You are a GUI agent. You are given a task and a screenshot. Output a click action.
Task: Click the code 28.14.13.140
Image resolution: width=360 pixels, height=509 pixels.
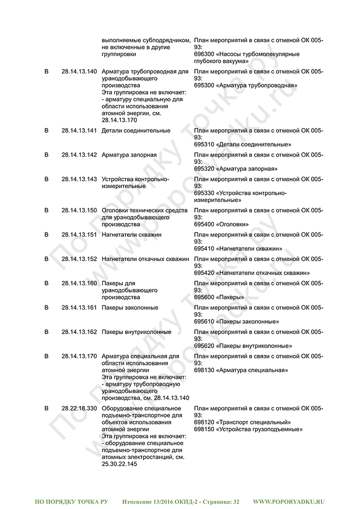[79, 71]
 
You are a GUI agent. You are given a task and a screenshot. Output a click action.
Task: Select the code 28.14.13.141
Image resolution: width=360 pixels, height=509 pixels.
[79, 131]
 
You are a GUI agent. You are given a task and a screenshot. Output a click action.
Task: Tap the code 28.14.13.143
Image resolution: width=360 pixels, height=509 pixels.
[79, 179]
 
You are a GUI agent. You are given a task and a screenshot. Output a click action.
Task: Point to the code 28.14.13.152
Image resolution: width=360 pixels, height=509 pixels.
[79, 259]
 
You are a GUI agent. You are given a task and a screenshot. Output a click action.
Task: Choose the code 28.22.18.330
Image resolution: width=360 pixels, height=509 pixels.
[79, 408]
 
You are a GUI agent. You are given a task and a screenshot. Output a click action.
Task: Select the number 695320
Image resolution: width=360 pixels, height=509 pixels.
[204, 169]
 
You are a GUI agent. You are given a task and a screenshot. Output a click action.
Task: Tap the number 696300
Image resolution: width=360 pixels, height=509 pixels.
[204, 54]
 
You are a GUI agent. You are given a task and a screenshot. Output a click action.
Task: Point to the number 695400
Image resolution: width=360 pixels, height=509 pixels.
[204, 224]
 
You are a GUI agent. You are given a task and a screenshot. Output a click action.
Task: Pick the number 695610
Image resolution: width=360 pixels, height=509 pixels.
[204, 321]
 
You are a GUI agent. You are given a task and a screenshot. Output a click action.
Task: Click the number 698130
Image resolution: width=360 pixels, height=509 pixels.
[204, 370]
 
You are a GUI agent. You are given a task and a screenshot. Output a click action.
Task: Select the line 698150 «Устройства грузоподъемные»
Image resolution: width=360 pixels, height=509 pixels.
[248, 429]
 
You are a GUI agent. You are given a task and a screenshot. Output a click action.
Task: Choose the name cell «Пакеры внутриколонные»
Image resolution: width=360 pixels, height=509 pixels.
[136, 332]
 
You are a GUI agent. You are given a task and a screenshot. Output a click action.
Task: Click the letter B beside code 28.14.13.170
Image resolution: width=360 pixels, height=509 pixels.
[46, 356]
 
